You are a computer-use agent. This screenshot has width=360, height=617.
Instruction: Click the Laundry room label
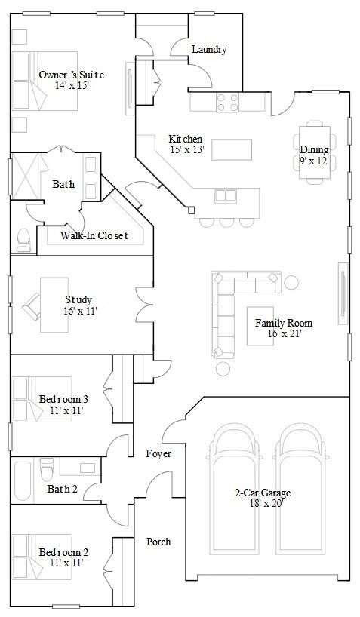coord(209,50)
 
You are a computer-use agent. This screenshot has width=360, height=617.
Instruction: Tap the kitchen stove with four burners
coord(228,102)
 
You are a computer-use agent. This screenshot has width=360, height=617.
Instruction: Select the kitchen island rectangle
coord(232,149)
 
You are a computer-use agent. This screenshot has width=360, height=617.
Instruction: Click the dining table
coord(315,152)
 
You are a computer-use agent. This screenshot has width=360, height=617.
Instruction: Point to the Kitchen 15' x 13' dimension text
coord(187,149)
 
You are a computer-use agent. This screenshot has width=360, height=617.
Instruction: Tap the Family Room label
coord(284,323)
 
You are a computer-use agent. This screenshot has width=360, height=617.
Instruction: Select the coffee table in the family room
coord(260,326)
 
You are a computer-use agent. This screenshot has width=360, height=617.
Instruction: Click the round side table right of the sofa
coord(291,282)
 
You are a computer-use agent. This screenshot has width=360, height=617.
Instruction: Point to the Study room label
coord(78,300)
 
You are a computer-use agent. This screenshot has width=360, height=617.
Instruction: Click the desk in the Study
coord(54,305)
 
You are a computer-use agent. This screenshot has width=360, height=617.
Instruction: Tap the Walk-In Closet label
coord(94,235)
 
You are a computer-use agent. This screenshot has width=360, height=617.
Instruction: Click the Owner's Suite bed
coord(45,81)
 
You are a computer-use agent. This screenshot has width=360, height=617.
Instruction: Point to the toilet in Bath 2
coord(47,468)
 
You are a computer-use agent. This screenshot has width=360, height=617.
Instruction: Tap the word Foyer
coord(158,454)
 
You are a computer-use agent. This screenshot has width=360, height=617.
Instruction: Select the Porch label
coord(158,542)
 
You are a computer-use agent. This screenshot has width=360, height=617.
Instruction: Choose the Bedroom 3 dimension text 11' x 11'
coord(66,410)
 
